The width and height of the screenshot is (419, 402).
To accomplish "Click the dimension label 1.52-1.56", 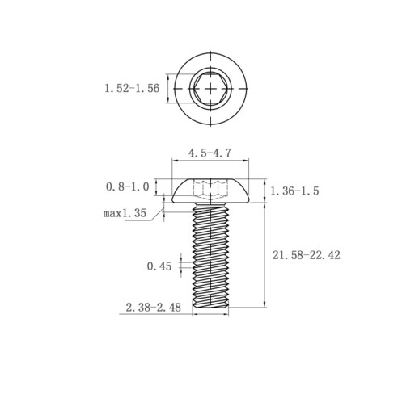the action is coord(132,89).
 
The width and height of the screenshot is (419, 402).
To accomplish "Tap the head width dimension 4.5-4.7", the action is coord(209,153).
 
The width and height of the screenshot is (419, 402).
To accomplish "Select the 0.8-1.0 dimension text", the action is coord(127,186).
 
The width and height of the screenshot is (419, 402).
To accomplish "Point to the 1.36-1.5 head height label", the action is coord(294,191).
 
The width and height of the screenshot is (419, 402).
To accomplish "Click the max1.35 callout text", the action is coord(125,213).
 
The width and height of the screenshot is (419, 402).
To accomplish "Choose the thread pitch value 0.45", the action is coord(159,266).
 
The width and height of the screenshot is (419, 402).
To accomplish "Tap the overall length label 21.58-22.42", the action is coord(307,255).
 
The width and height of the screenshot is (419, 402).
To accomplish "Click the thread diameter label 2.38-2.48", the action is coord(153,308).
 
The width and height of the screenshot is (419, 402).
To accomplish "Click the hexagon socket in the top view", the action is coord(210,89).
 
